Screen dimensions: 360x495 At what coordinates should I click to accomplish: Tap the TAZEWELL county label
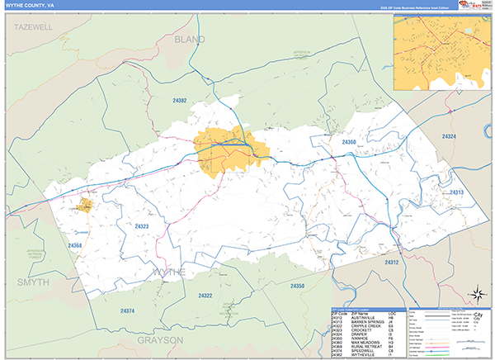point(33,27)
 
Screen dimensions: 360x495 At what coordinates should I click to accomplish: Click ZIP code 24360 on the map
point(348,142)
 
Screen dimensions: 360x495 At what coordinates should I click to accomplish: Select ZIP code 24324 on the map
point(450,135)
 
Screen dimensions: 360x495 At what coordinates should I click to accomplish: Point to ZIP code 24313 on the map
point(457,192)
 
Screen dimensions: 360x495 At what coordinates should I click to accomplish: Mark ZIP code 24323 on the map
point(142,225)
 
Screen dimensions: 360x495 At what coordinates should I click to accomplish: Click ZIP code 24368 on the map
point(75,245)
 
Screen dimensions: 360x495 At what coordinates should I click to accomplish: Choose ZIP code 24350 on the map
point(296,286)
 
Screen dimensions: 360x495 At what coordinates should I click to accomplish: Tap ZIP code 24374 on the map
point(127,310)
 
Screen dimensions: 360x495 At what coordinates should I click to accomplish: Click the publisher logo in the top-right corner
point(473,5)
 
